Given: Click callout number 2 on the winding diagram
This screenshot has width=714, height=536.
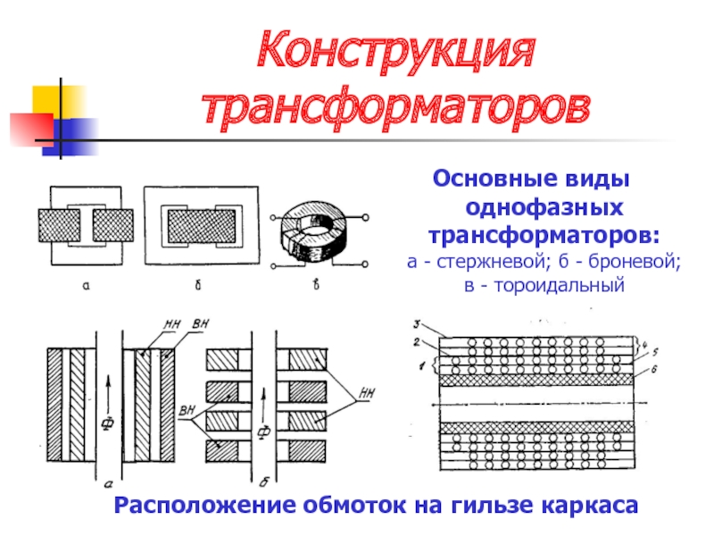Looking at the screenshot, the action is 416,340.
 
